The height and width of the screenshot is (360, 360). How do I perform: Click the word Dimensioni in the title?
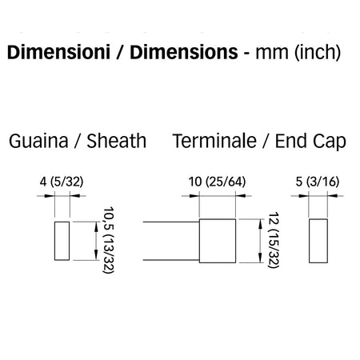(58, 52)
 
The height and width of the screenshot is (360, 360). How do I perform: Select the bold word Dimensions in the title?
(184, 52)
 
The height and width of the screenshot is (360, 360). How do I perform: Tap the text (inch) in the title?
(318, 53)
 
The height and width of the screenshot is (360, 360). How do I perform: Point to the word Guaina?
(38, 141)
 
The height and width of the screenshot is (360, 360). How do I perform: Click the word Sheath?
(117, 141)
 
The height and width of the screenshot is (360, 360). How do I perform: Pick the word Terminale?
(214, 141)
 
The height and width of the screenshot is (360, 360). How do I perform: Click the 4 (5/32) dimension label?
(62, 182)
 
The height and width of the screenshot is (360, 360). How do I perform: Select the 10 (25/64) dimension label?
(217, 182)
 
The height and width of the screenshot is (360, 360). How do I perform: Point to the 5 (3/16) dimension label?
(318, 182)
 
